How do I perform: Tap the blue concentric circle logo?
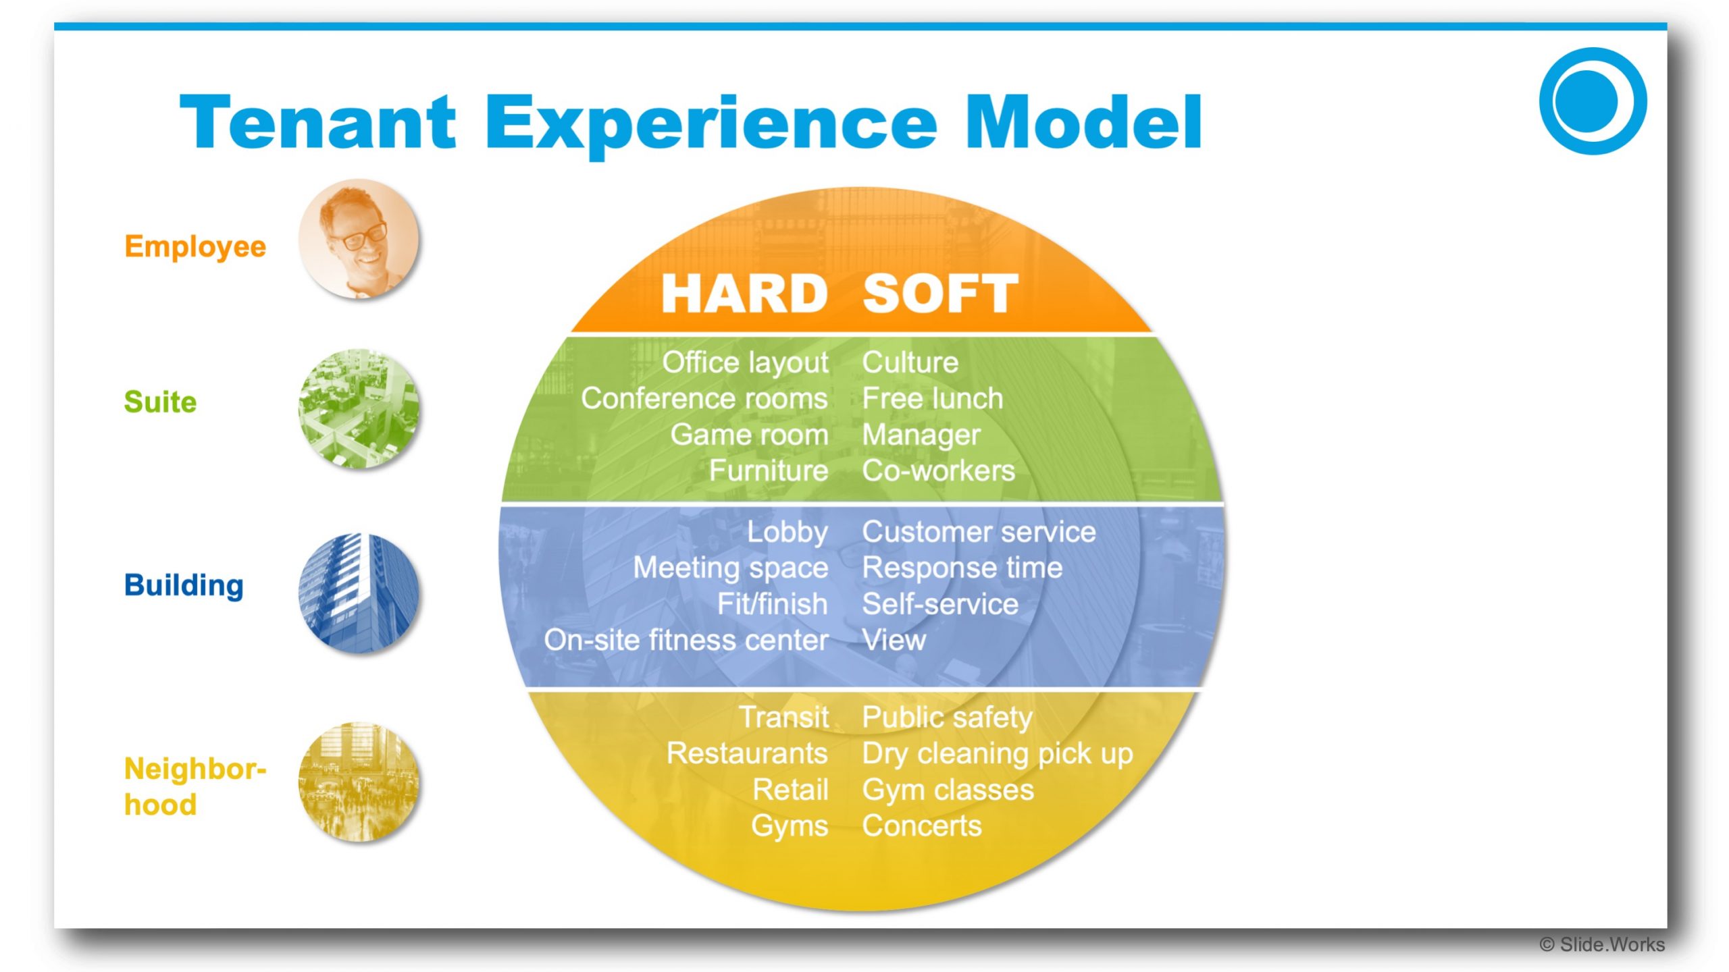click(x=1593, y=101)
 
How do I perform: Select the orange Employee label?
click(x=195, y=246)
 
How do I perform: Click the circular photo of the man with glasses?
click(x=359, y=238)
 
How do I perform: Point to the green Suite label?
click(x=160, y=402)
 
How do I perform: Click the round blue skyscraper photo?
click(x=359, y=593)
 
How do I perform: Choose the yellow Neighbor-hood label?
click(x=195, y=787)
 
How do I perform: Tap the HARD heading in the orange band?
click(x=744, y=294)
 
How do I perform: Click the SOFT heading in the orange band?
click(x=940, y=294)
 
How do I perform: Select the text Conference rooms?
click(x=704, y=398)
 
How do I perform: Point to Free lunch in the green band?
click(x=932, y=398)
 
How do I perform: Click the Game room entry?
click(x=749, y=435)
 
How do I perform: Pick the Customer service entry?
click(x=979, y=532)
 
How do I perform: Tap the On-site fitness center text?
click(x=686, y=640)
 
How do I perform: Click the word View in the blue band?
click(x=894, y=640)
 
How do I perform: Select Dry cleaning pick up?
click(x=997, y=754)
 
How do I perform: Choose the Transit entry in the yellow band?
click(x=783, y=717)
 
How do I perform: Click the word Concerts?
click(x=922, y=826)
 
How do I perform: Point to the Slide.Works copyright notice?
click(x=1602, y=945)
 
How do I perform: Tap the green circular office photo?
click(x=359, y=408)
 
